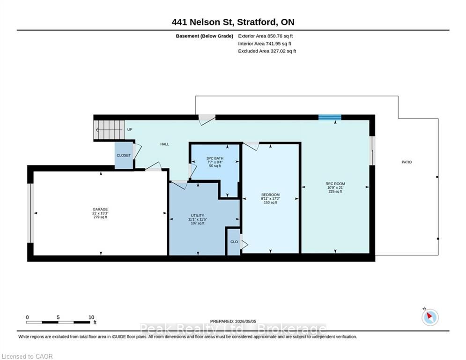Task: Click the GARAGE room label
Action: (x=100, y=210)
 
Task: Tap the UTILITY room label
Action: (x=198, y=216)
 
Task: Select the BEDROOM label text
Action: (x=270, y=195)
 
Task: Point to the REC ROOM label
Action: (x=335, y=184)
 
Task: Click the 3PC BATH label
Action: (x=215, y=158)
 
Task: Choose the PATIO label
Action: (x=407, y=162)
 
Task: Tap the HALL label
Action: (x=165, y=144)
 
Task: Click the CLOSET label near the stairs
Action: (x=124, y=155)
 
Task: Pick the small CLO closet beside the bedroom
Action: (x=234, y=242)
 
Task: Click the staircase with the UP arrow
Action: (x=109, y=130)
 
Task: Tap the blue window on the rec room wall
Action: (x=330, y=117)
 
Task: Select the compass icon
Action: (x=430, y=317)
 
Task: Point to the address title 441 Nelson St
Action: (x=233, y=22)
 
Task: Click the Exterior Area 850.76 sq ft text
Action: (x=266, y=36)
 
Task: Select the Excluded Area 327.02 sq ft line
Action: (x=267, y=51)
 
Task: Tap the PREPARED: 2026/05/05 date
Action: (x=233, y=321)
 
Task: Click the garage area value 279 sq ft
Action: (x=100, y=217)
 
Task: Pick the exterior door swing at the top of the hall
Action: (x=207, y=120)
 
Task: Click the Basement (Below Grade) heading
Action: (x=205, y=36)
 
